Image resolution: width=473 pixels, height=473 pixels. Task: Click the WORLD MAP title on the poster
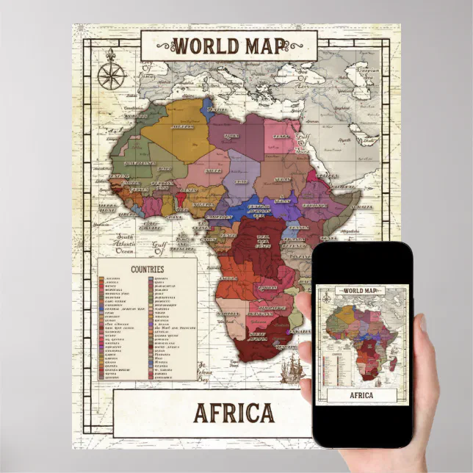pyautogui.click(x=229, y=46)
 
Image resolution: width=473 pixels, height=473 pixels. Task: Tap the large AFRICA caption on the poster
pyautogui.click(x=234, y=413)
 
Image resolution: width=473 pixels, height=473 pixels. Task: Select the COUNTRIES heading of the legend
pyautogui.click(x=147, y=269)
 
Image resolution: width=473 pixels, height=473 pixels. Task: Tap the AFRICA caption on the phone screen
pyautogui.click(x=361, y=395)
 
